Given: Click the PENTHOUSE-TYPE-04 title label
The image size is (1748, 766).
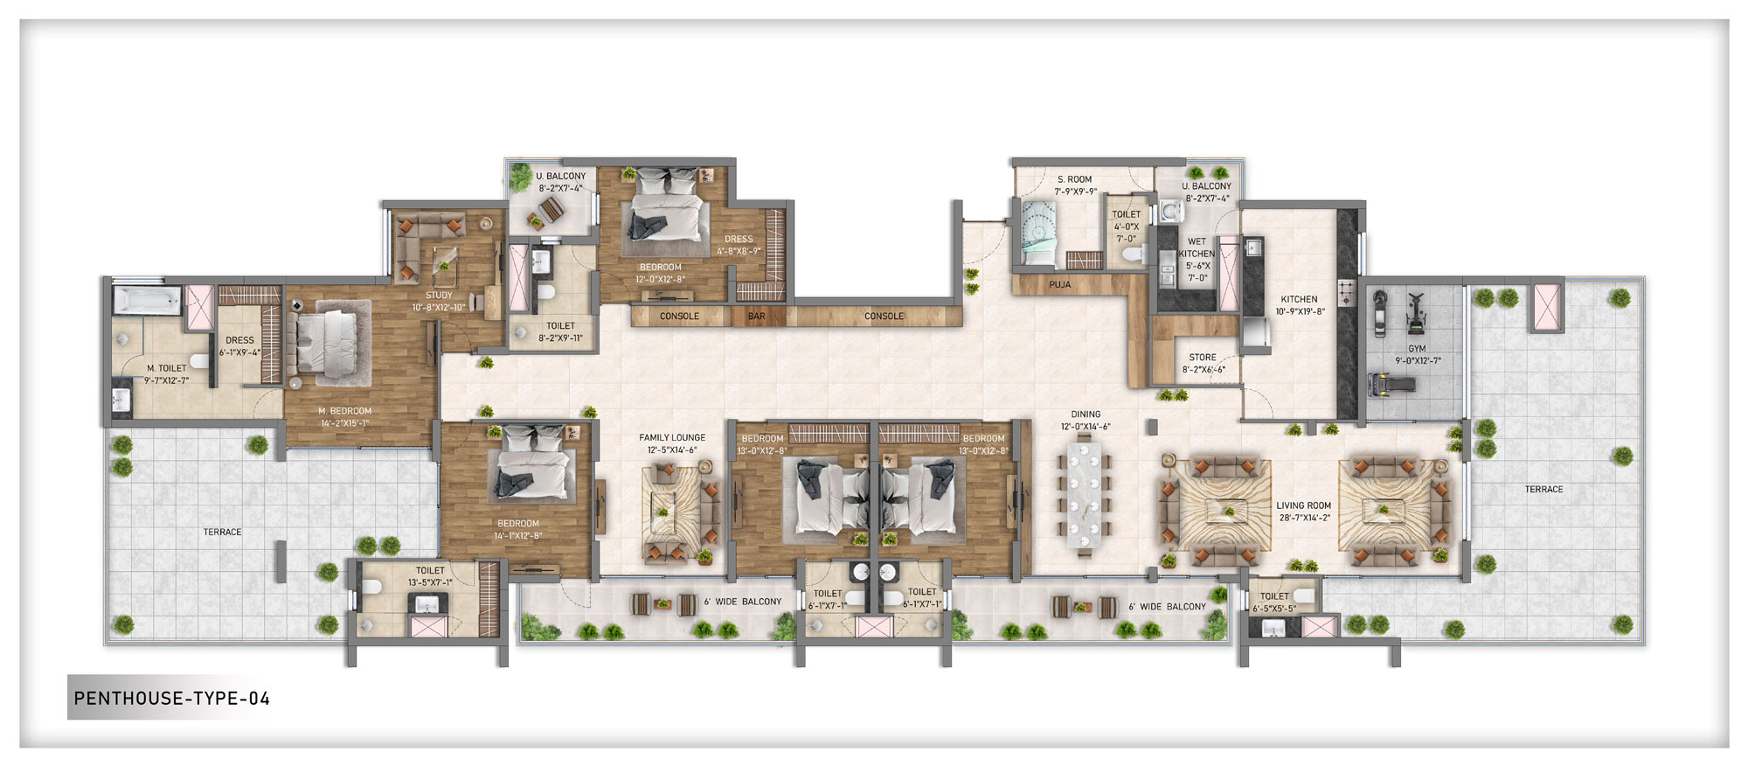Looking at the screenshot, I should tap(172, 698).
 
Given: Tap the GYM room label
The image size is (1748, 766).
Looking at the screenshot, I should tap(1417, 348).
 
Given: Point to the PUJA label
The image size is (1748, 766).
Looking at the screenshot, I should tap(1059, 285).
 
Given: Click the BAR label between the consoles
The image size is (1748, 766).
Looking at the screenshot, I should tap(757, 317).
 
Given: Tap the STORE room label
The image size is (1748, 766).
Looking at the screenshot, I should tap(1203, 358).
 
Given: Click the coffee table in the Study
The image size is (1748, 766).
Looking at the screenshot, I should tap(444, 258).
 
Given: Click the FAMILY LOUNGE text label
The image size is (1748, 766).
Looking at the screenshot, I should tap(672, 437).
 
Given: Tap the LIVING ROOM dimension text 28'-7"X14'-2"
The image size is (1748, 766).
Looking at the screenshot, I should tap(1303, 518).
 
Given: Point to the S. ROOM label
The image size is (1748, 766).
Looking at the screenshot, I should tap(1075, 179).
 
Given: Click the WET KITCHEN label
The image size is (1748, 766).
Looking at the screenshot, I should tap(1197, 247).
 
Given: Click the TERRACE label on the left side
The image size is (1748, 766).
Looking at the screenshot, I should tap(222, 532).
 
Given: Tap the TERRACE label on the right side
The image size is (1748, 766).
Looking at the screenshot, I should tap(1543, 489).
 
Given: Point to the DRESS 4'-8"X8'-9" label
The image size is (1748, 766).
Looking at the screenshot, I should tap(739, 244).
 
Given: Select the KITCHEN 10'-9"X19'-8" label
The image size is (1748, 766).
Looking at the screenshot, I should tap(1299, 304).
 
